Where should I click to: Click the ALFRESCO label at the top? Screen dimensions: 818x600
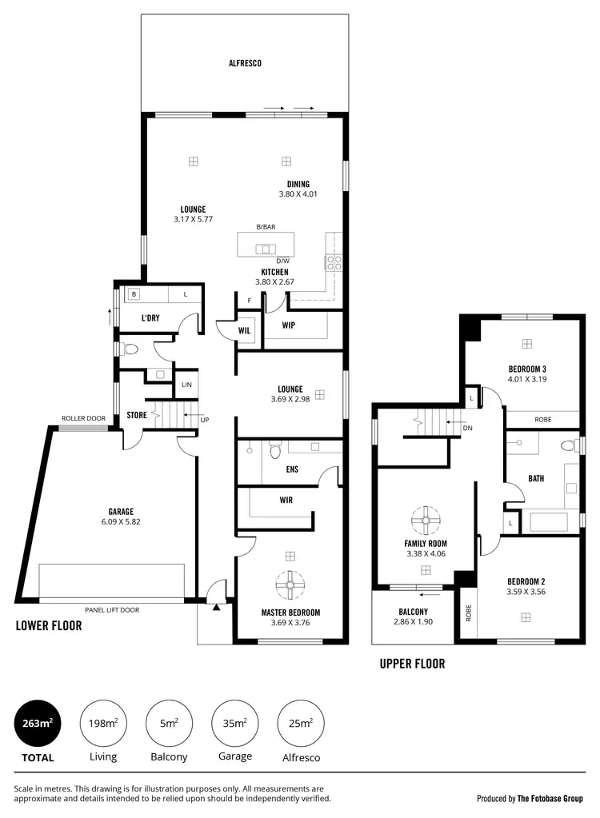coord(245,62)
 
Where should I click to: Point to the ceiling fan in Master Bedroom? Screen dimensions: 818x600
coord(290,585)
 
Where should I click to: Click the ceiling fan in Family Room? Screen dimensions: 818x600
coord(426,521)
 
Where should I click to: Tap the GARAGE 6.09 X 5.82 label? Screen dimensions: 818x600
coord(121,517)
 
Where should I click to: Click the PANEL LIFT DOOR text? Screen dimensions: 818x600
coord(111,610)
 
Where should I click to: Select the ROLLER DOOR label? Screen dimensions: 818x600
coord(84,418)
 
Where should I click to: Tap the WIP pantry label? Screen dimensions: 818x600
coord(290,325)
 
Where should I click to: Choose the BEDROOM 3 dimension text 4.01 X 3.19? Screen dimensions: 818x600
coord(527,379)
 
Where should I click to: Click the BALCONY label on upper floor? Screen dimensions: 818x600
coord(414,612)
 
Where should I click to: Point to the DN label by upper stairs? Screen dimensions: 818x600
coord(467,429)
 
